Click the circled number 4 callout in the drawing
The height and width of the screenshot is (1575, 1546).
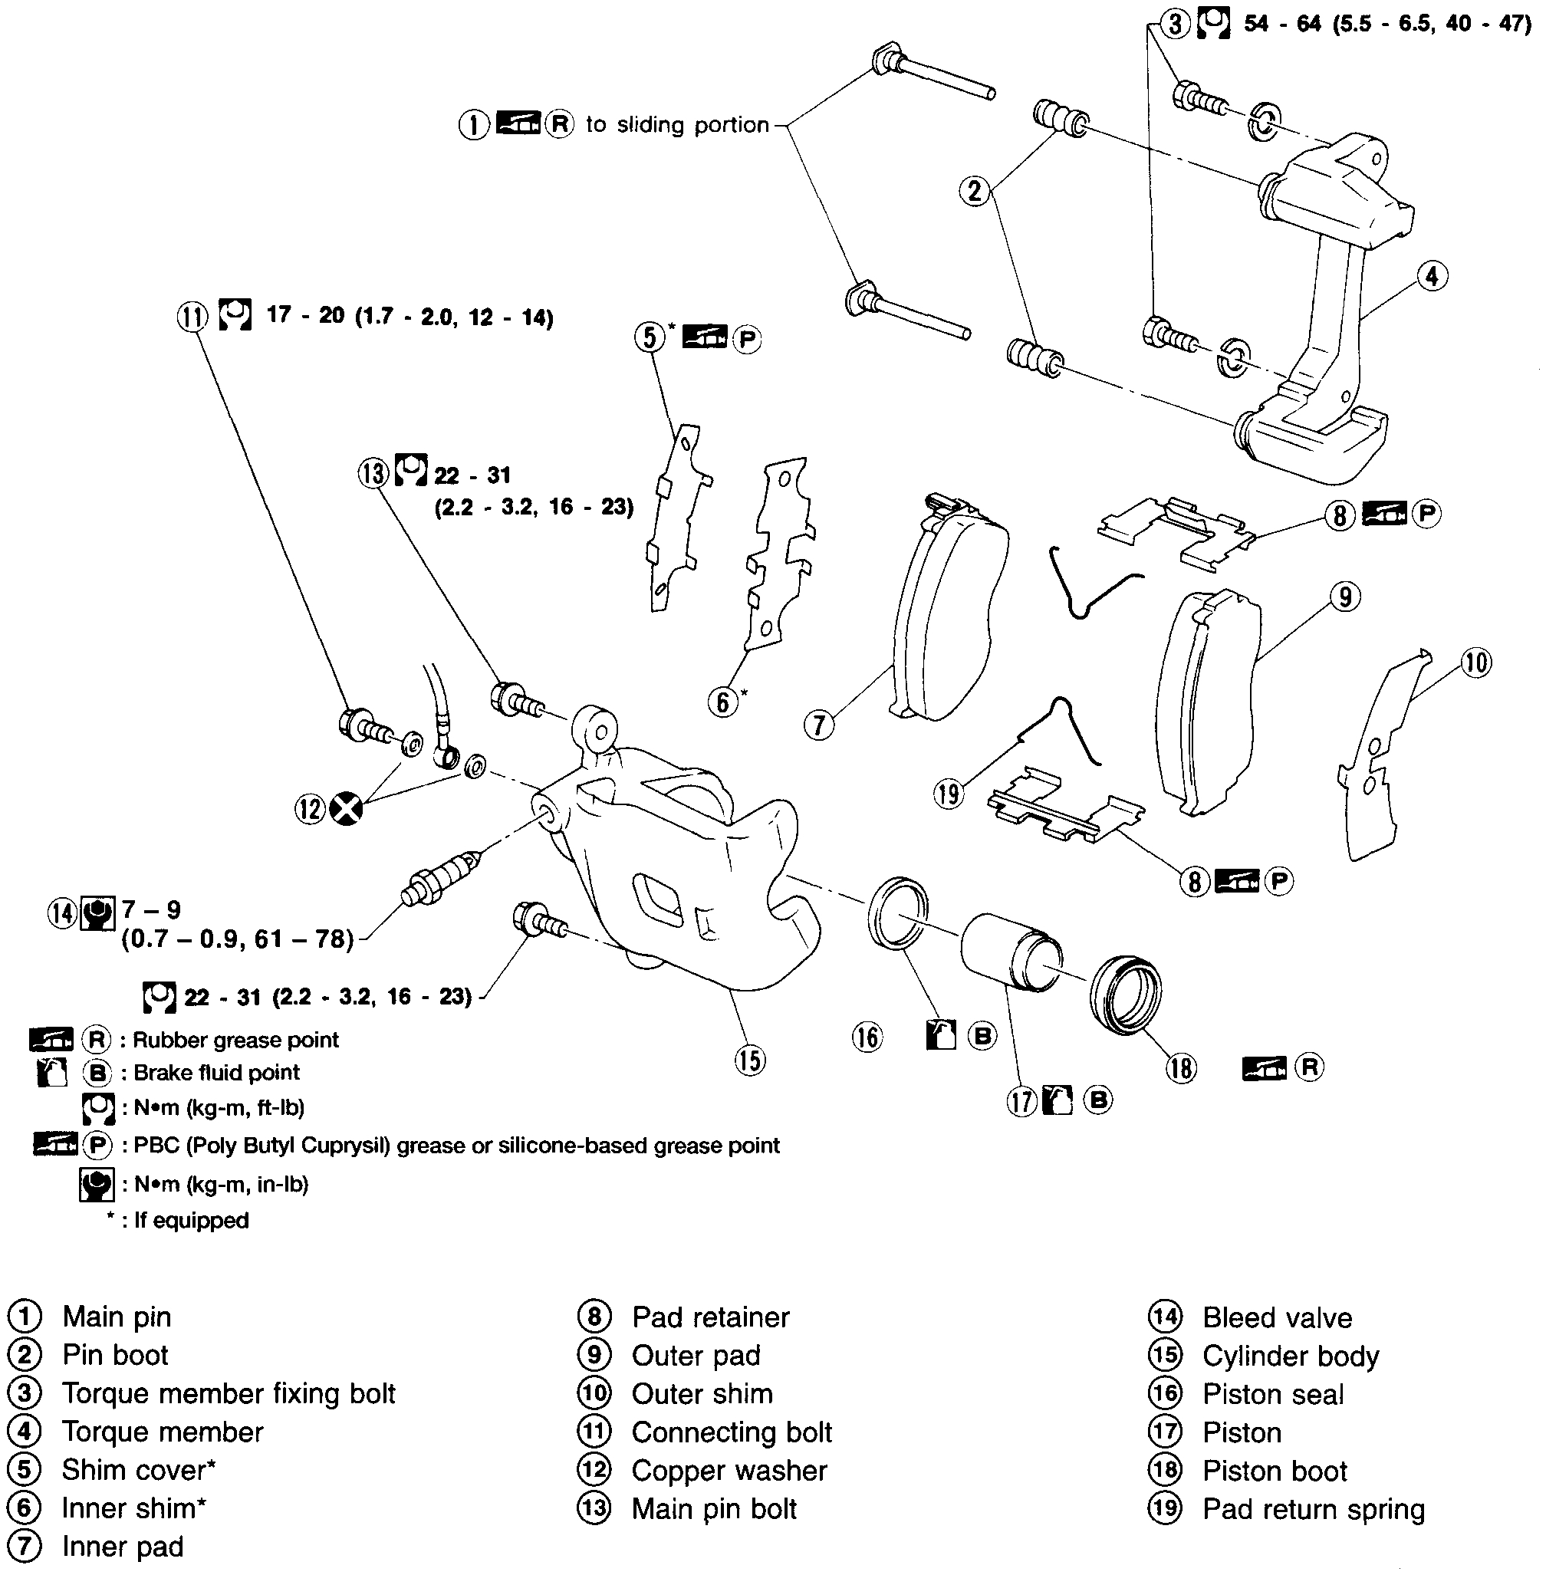pyautogui.click(x=1432, y=276)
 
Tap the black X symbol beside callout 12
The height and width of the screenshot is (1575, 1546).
pyautogui.click(x=347, y=809)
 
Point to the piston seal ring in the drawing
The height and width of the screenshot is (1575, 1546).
pyautogui.click(x=898, y=913)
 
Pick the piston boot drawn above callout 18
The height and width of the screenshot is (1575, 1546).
pyautogui.click(x=1126, y=995)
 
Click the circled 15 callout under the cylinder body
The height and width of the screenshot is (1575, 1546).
pyautogui.click(x=749, y=1060)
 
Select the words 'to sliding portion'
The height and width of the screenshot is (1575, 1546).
pyautogui.click(x=677, y=125)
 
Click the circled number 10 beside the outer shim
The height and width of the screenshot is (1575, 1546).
pyautogui.click(x=1476, y=663)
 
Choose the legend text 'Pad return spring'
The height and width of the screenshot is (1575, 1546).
pyautogui.click(x=1313, y=1509)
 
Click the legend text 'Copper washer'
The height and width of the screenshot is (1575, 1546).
pyautogui.click(x=729, y=1470)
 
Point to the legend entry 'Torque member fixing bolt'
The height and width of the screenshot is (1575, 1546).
pyautogui.click(x=229, y=1393)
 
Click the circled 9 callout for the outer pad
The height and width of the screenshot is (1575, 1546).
pyautogui.click(x=1345, y=597)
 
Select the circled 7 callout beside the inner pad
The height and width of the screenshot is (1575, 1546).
pyautogui.click(x=818, y=725)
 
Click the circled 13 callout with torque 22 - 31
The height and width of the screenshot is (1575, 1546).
pyautogui.click(x=373, y=472)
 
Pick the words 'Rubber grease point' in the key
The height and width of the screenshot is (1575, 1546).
pyautogui.click(x=235, y=1040)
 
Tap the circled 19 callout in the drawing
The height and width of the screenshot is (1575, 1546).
pyautogui.click(x=949, y=793)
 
